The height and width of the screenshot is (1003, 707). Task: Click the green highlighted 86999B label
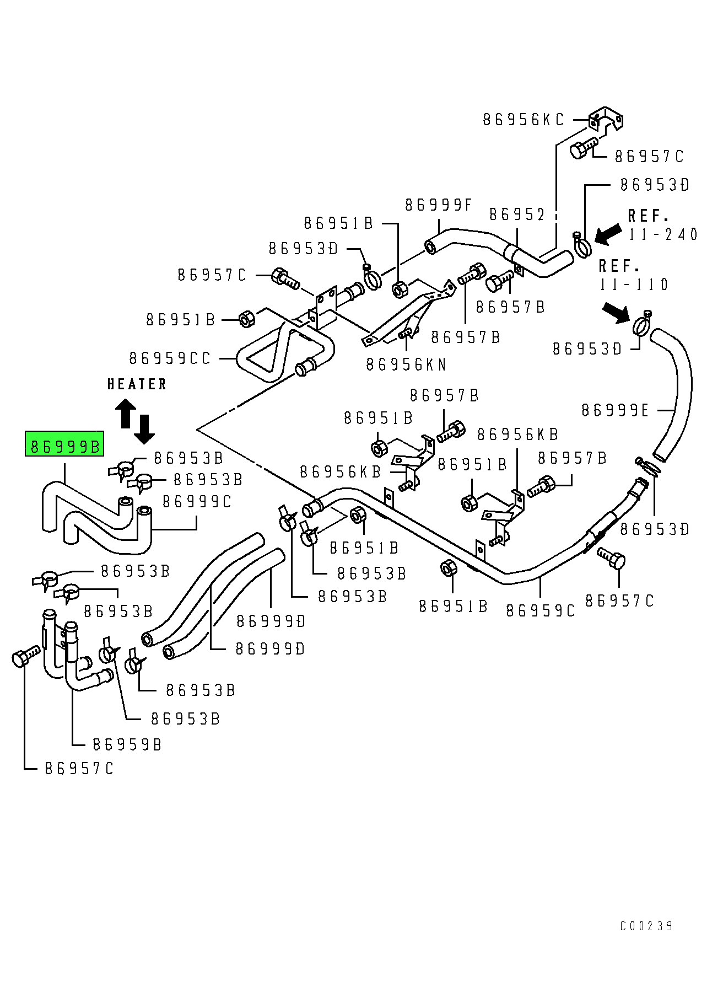[64, 446]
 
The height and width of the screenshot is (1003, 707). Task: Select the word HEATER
[137, 384]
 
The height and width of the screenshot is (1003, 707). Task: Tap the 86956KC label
[523, 120]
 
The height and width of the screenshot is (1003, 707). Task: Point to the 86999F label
[439, 205]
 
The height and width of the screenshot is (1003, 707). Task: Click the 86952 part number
[517, 214]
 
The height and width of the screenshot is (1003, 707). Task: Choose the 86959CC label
[170, 358]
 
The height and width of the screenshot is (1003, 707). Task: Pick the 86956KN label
[406, 364]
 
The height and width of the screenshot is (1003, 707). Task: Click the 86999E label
[615, 410]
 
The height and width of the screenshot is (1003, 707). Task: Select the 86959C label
[540, 611]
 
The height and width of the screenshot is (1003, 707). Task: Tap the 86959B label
[127, 745]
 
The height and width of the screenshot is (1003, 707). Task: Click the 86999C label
[197, 502]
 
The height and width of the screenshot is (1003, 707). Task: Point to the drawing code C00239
[646, 926]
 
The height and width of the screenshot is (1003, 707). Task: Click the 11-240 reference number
[663, 234]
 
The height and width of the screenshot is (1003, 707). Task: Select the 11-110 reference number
[634, 285]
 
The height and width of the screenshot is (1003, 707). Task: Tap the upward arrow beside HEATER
[126, 413]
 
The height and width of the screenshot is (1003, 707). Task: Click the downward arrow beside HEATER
[144, 430]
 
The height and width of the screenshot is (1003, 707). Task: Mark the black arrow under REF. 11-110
[616, 312]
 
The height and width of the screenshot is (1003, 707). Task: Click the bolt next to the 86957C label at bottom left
[24, 656]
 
